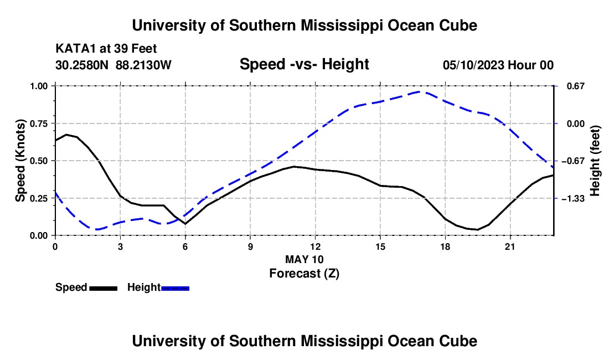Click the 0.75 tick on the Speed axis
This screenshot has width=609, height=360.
tap(39, 124)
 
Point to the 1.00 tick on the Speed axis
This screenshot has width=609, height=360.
tap(39, 86)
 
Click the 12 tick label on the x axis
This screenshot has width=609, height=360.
tap(316, 246)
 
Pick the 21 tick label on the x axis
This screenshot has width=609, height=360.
tap(510, 246)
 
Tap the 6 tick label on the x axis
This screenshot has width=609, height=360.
tap(185, 246)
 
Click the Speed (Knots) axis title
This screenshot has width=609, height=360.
tap(20, 161)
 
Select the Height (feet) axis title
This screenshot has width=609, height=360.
tap(595, 161)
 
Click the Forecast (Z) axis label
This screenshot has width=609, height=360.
tap(304, 274)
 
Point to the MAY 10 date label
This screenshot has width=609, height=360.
tap(304, 259)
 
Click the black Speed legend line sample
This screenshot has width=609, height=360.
tap(104, 288)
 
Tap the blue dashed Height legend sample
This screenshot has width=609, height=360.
tap(175, 288)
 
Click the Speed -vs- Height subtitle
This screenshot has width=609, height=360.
tap(304, 64)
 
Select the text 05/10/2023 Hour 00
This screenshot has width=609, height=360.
tap(498, 65)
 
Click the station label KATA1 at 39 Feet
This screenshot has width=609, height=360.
tap(106, 49)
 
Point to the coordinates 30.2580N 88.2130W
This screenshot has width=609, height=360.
tap(113, 65)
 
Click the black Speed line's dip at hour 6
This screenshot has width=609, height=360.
tap(185, 224)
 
